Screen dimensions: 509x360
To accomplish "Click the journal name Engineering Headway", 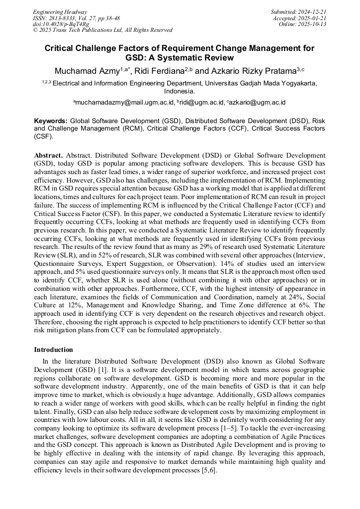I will point(60,12).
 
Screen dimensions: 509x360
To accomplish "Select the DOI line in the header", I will point(61,24).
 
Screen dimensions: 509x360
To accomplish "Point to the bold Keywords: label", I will point(51,121).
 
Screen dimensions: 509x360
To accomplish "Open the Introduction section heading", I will point(54,350).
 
